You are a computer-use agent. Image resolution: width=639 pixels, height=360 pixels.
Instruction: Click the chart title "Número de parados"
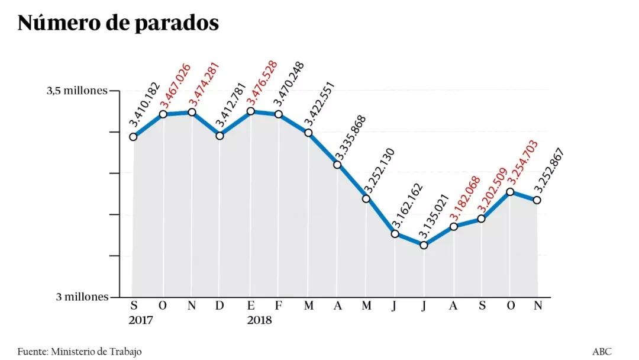click(118, 22)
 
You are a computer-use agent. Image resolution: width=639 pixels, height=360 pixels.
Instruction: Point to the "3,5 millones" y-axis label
click(78, 91)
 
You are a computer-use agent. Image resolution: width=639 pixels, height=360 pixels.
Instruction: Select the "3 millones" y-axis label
click(82, 297)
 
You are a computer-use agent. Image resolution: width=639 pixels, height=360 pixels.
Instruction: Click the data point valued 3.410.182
click(134, 137)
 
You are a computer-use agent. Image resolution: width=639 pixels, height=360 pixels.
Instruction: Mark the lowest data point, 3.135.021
click(424, 245)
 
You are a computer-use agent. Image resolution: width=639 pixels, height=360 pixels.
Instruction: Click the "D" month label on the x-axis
click(220, 306)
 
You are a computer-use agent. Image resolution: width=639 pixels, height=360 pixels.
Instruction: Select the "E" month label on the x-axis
click(251, 306)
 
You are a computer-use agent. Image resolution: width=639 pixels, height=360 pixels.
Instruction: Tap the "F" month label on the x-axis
click(278, 306)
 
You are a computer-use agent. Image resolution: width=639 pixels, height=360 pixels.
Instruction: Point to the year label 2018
click(259, 320)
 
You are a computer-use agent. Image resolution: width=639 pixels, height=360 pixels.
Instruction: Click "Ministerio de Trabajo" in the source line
click(96, 352)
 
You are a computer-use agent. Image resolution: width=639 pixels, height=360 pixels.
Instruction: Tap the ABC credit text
click(602, 352)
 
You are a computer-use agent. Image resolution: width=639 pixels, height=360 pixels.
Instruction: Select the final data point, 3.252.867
click(537, 200)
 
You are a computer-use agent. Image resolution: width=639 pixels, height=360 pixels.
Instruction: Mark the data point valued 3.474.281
click(192, 112)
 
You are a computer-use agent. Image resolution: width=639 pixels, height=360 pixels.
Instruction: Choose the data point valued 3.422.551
click(308, 133)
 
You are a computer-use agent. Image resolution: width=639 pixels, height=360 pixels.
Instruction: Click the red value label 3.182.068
click(464, 200)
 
